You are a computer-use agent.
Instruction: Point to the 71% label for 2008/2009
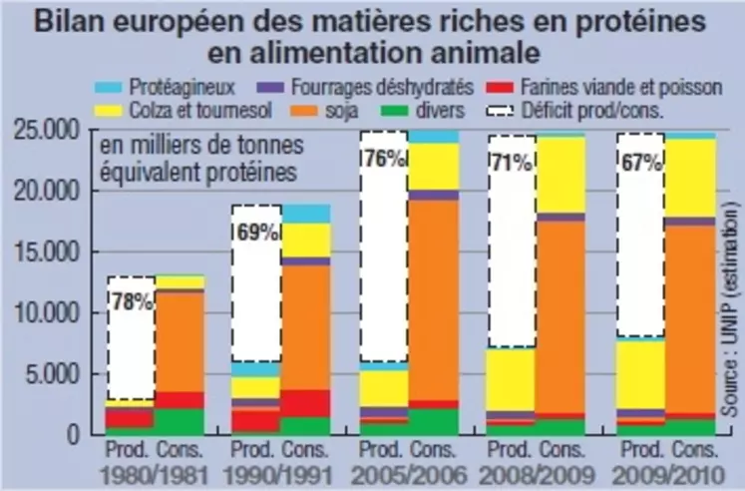coord(512,164)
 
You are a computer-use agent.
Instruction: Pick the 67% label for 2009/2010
coord(641,164)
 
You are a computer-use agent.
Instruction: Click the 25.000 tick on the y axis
coord(50,130)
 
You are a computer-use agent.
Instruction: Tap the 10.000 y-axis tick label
coord(50,313)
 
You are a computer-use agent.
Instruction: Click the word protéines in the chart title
coord(634,22)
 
